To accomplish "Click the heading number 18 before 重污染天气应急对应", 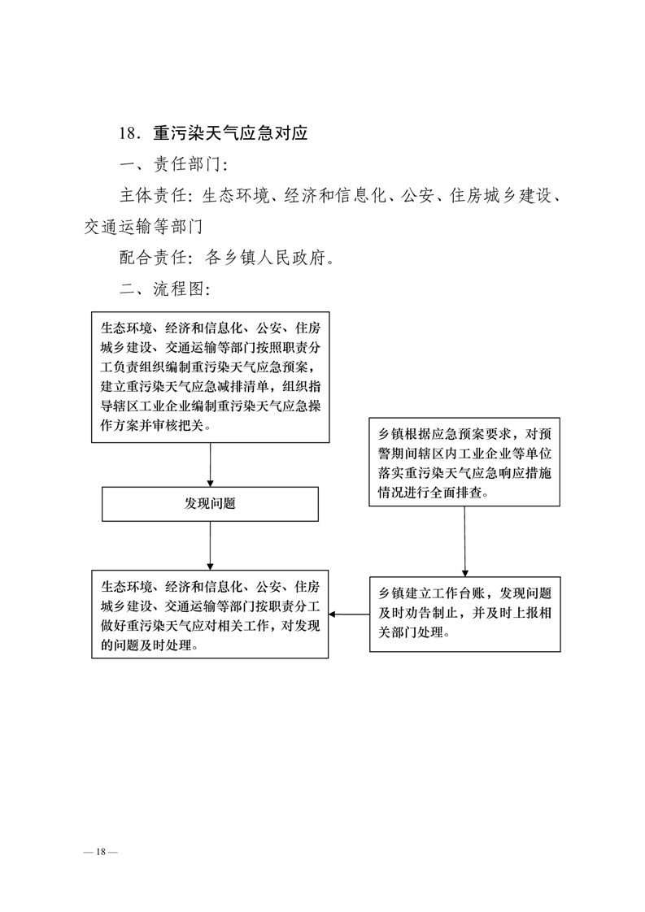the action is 128,134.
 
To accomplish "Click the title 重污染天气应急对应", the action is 230,133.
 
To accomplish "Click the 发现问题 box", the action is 210,504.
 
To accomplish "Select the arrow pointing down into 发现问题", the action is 210,465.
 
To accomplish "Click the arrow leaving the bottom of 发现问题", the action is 210,545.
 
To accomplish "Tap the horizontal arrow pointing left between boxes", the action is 349,615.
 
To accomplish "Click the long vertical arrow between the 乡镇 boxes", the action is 464,541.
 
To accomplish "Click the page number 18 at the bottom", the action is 101,852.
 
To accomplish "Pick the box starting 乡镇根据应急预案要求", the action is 464,462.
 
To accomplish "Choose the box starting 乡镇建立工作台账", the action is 465,615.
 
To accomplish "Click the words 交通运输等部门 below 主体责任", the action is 143,226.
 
